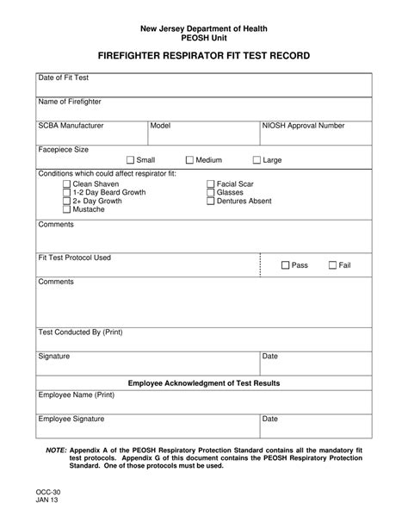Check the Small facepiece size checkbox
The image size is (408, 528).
tap(131, 160)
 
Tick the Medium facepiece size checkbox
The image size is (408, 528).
tap(190, 160)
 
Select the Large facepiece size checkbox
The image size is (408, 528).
tap(257, 160)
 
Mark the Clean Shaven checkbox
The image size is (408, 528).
tap(67, 184)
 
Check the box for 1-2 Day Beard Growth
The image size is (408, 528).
tap(67, 193)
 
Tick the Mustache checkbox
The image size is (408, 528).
tap(67, 209)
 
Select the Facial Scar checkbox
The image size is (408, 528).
tap(210, 184)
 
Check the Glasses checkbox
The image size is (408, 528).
tap(210, 193)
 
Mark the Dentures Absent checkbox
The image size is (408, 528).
tap(210, 201)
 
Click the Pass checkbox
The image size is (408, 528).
tap(286, 265)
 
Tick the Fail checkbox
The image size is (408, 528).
tap(332, 265)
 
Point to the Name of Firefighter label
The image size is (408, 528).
tap(70, 102)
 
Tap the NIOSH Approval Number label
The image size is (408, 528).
tap(303, 126)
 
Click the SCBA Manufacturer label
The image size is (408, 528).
tap(71, 126)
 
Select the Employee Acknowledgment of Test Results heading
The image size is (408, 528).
tap(203, 382)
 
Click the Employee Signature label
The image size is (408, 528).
tap(71, 419)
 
